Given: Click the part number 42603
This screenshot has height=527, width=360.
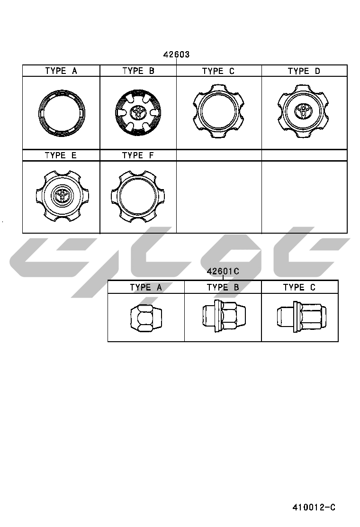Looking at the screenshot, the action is tap(176, 55).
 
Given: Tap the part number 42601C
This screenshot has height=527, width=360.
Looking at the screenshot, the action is tap(223, 271).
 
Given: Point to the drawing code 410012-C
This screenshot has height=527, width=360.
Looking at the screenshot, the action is tap(314, 507).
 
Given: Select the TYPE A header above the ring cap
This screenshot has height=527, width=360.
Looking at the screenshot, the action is tap(61, 71).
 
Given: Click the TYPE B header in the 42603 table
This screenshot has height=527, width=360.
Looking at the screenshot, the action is tap(138, 71).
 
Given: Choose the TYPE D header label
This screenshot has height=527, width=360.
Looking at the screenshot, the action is tap(304, 71).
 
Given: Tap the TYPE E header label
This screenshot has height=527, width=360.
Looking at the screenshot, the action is tap(61, 155).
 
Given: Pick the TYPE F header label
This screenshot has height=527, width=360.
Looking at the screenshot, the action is tap(138, 155).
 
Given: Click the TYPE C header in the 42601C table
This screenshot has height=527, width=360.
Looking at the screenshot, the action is tap(299, 287).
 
